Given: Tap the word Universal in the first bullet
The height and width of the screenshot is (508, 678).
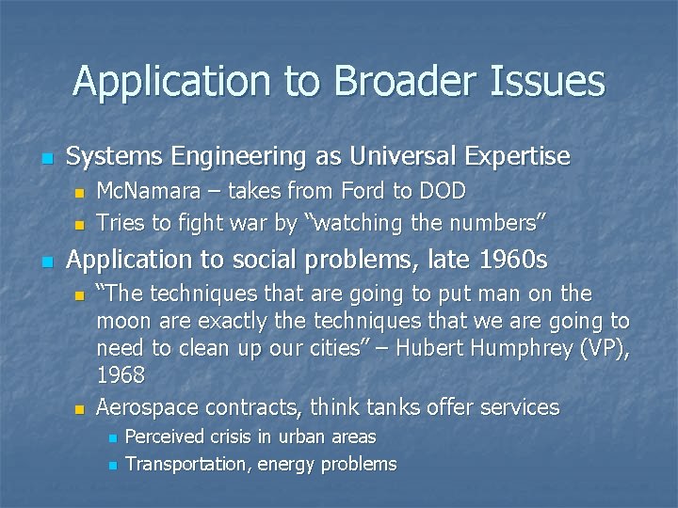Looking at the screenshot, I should click(x=399, y=155).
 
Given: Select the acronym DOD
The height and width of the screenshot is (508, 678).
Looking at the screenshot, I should click(x=441, y=191).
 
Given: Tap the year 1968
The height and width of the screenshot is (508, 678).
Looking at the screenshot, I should click(x=121, y=375).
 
